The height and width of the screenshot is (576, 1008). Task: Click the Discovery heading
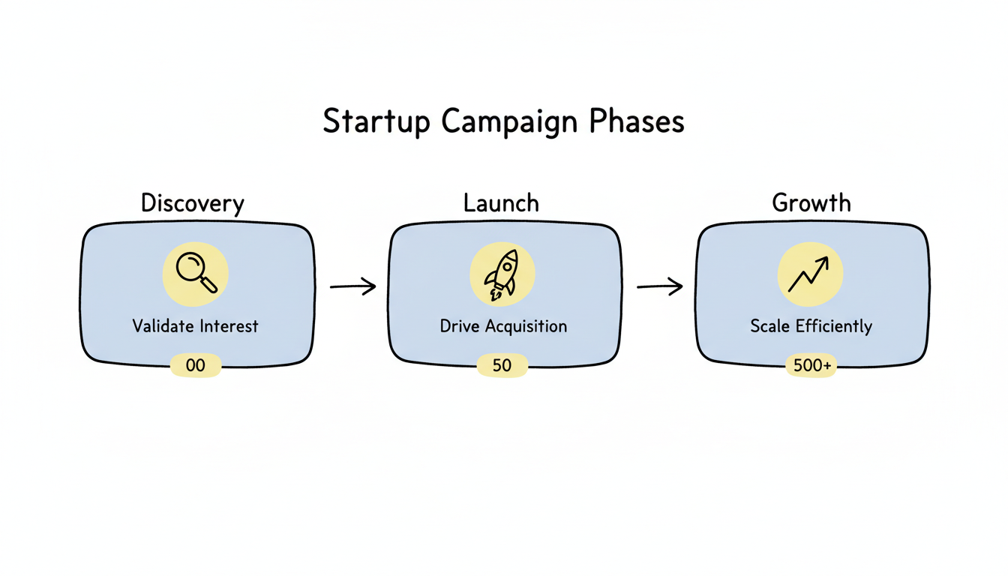[193, 203]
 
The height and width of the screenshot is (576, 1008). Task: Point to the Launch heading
[501, 203]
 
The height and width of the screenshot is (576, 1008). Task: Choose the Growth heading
[811, 203]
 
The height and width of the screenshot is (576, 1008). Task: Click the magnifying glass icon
[196, 273]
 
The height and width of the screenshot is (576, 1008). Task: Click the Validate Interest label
[195, 326]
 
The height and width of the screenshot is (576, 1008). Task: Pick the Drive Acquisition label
[503, 326]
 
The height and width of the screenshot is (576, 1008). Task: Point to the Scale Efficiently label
[811, 327]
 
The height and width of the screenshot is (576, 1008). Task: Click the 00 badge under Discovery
[195, 366]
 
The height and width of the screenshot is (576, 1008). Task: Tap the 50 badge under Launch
[502, 366]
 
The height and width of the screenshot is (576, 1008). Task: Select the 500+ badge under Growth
[810, 366]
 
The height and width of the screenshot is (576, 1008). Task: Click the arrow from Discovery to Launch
[352, 286]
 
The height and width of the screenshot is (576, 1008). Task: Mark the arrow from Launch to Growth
[659, 286]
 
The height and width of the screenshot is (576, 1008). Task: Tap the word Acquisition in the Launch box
[526, 326]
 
